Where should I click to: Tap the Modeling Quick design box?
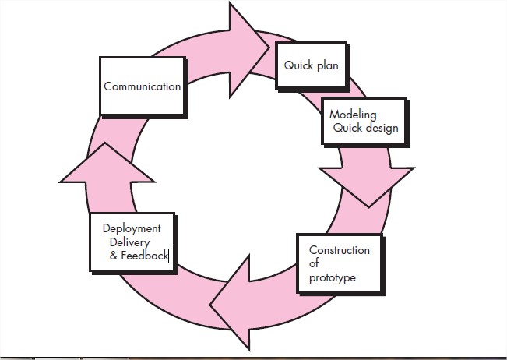coord(363,121)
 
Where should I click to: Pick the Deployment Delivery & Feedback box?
coord(131,242)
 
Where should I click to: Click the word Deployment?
coord(132,228)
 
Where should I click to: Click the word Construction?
coord(340,250)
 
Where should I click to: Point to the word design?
coord(382,128)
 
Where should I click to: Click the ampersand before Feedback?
coord(114,255)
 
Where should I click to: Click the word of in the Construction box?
coord(315,264)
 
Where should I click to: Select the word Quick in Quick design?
coord(348,128)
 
